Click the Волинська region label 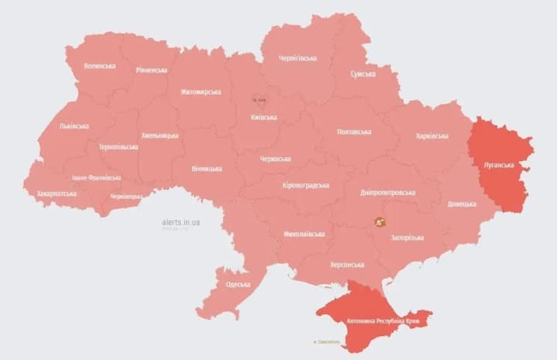[100, 66]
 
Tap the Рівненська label [152, 70]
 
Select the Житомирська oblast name [200, 92]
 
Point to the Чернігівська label [298, 58]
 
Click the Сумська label [363, 74]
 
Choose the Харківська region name [432, 136]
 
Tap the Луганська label [498, 166]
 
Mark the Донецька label [462, 204]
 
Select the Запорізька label [407, 237]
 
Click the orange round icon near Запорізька [379, 222]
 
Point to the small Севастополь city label [328, 341]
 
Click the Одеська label [238, 284]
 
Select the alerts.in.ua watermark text [181, 222]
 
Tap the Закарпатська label [56, 193]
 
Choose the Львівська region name [73, 126]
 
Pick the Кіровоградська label [306, 185]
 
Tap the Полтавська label [354, 132]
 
